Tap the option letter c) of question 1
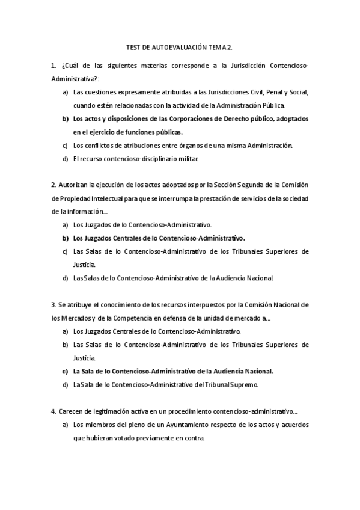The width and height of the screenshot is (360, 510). tap(65, 145)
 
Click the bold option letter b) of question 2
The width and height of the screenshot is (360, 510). tap(65, 238)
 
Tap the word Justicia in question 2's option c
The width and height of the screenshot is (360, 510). tap(84, 264)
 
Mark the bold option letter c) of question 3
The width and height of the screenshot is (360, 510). tap(65, 370)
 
